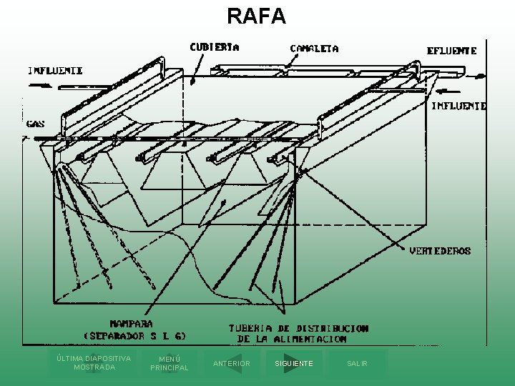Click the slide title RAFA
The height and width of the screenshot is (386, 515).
(x=257, y=15)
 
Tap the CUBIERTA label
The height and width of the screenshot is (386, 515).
(x=214, y=47)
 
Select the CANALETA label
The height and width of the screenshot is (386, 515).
(x=314, y=49)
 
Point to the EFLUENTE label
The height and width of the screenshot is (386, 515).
(x=451, y=51)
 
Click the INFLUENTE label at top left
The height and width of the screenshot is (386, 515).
(x=55, y=71)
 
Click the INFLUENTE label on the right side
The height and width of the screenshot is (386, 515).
(x=458, y=106)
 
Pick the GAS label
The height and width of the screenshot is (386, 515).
(x=35, y=124)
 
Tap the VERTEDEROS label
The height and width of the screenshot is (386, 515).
(x=440, y=251)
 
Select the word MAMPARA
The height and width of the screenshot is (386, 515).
(x=131, y=323)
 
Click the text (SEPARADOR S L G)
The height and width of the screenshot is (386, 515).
(x=135, y=335)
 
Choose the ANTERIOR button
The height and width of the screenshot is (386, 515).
(x=232, y=364)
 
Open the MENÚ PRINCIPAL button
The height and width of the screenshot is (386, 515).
(x=170, y=364)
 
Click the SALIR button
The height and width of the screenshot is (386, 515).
(x=357, y=364)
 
